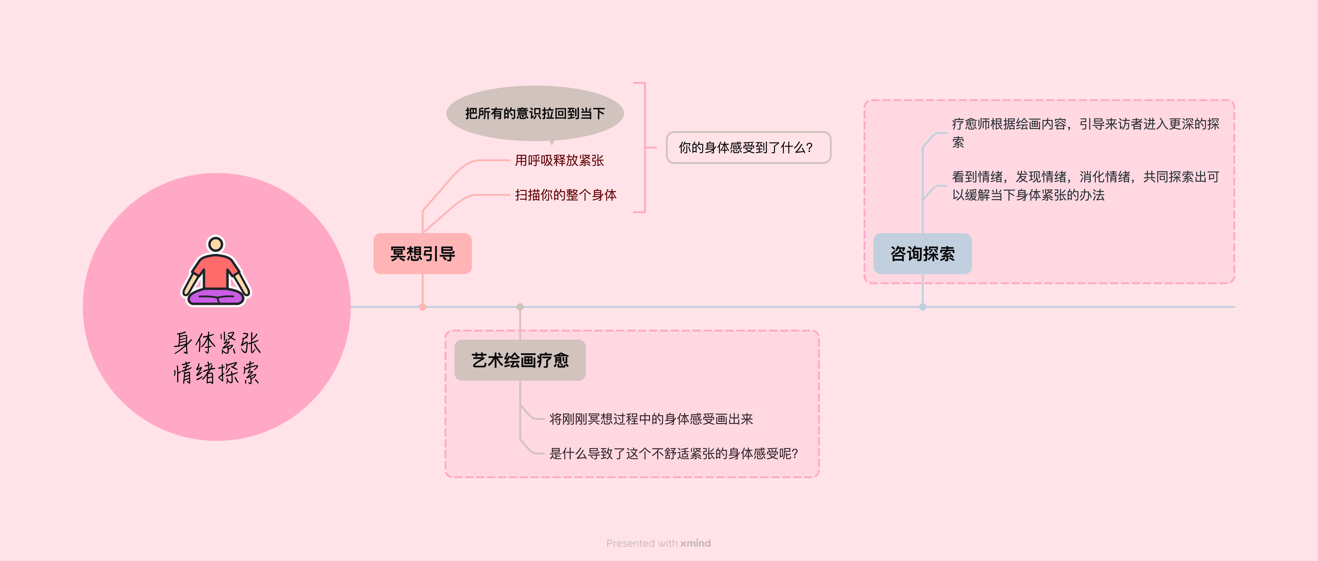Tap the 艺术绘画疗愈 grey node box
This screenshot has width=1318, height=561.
point(520,360)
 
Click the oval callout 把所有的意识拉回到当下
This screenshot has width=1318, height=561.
point(535,113)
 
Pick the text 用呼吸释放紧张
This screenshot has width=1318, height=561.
point(559,161)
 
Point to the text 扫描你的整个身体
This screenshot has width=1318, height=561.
point(565,195)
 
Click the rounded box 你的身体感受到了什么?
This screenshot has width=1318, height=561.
point(748,148)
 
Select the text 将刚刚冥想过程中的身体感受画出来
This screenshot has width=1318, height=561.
point(651,419)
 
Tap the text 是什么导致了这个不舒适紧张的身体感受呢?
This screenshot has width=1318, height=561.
point(673,454)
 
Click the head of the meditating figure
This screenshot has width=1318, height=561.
point(216,244)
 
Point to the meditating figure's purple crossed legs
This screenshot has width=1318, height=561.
point(216,297)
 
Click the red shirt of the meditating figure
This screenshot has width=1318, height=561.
point(216,271)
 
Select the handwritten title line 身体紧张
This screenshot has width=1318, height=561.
point(217,343)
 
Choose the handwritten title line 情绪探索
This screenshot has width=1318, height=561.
point(217,373)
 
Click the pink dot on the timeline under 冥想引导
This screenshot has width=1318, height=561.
point(423,307)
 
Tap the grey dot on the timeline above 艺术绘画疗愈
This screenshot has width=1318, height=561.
point(520,307)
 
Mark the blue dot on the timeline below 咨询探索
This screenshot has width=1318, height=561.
point(923,307)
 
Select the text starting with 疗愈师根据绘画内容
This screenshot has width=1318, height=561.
point(1085,133)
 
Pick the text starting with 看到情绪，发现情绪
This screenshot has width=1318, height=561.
point(1085,186)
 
